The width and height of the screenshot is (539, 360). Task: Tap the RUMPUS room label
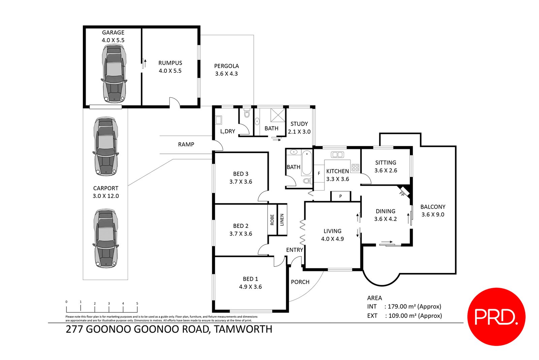pyautogui.click(x=170, y=67)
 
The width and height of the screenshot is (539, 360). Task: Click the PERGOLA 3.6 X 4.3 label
pyautogui.click(x=226, y=70)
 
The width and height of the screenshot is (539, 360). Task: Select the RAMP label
pyautogui.click(x=186, y=144)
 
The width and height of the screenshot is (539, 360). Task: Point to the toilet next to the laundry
pyautogui.click(x=247, y=114)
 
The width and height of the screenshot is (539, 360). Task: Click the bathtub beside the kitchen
pyautogui.click(x=307, y=163)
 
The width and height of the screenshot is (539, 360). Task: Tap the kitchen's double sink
pyautogui.click(x=337, y=155)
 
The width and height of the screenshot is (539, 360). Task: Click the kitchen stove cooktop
pyautogui.click(x=355, y=167)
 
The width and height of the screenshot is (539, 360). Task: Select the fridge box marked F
pyautogui.click(x=319, y=173)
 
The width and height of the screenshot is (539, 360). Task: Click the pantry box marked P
pyautogui.click(x=341, y=196)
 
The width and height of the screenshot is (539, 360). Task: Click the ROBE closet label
pyautogui.click(x=272, y=220)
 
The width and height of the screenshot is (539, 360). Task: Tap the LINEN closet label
pyautogui.click(x=282, y=220)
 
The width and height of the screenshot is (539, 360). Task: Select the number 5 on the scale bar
pyautogui.click(x=137, y=303)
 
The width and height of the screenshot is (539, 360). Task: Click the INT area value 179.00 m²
pyautogui.click(x=414, y=306)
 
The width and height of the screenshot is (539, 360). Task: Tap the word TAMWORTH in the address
pyautogui.click(x=243, y=329)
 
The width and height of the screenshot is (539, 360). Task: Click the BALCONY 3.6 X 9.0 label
pyautogui.click(x=433, y=210)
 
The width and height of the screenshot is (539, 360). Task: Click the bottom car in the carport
pyautogui.click(x=106, y=238)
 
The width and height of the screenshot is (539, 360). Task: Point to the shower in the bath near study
pyautogui.click(x=278, y=115)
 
